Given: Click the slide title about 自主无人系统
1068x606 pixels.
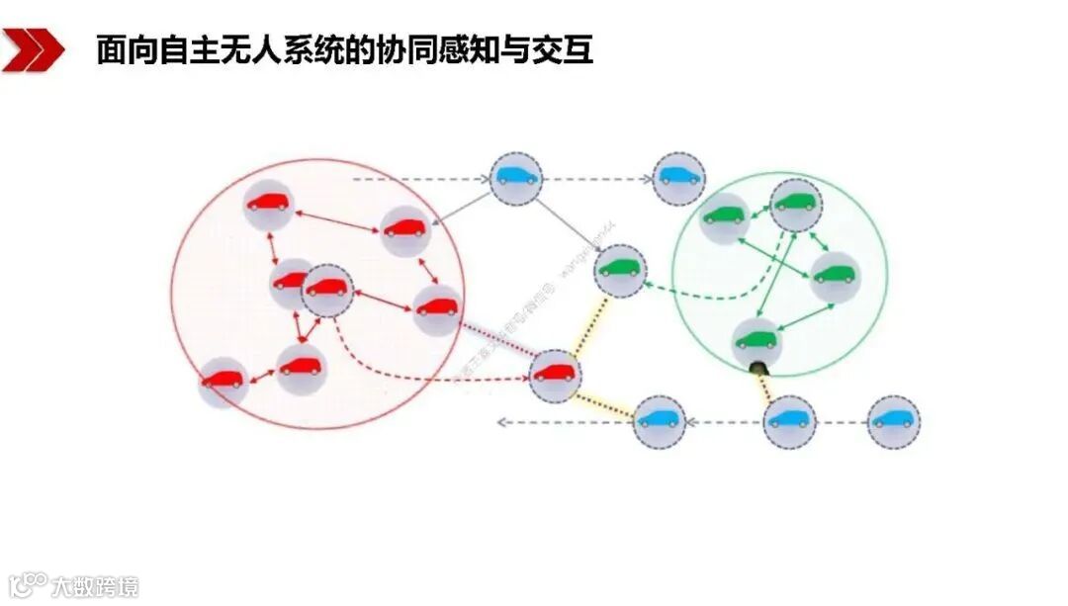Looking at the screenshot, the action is pos(344,50).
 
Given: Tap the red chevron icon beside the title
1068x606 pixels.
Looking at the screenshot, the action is pos(32,50).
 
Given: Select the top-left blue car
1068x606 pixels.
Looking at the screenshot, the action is pos(517,179).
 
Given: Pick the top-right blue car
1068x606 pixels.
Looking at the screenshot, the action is pos(679,178).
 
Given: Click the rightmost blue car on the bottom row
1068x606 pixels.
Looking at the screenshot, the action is pos(893,420).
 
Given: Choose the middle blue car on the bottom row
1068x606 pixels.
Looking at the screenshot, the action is pos(789,420).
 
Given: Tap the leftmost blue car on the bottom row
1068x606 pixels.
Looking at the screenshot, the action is pos(659,420).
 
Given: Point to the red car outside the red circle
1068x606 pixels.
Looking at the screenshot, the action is pos(555,375).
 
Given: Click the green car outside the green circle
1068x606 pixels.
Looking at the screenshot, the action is pos(620,268).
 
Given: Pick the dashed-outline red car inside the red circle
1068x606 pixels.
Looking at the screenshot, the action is pos(327,289).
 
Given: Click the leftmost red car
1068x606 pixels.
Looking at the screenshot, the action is pos(222,381).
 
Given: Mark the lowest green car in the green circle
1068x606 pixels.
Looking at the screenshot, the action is pos(756,341).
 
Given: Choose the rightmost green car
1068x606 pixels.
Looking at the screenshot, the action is pos(835,277).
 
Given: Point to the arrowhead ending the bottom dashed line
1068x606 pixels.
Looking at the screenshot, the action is pos(501,422).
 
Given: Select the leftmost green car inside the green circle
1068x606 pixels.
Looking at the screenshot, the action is pos(725,216).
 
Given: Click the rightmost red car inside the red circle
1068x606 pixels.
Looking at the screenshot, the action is pos(436,308).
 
